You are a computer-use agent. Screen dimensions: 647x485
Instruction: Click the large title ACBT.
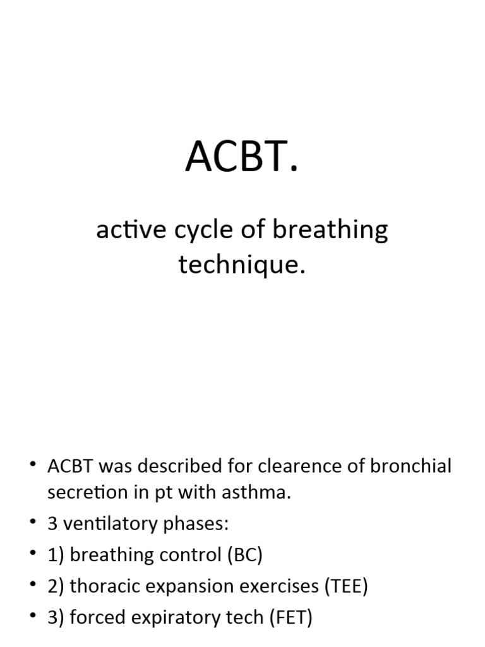coord(241,158)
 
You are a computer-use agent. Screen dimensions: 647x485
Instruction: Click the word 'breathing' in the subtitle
coord(330,231)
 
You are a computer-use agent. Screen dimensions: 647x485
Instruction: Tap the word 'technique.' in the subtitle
coord(242,265)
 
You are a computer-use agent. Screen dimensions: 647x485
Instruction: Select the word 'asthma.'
coord(257,493)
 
